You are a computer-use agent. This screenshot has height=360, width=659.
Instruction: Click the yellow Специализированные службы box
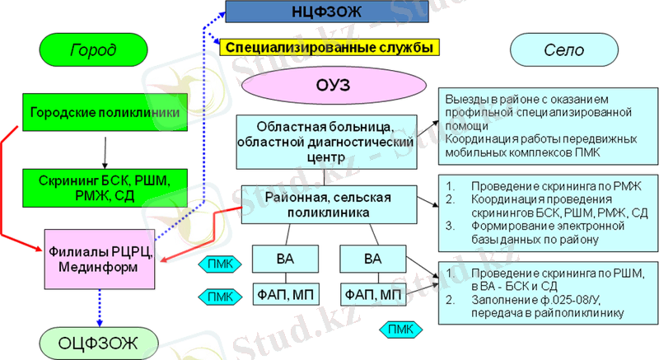(329, 47)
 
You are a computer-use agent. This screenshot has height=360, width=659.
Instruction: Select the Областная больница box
(324, 136)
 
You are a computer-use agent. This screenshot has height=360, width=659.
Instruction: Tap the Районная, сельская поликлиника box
(327, 203)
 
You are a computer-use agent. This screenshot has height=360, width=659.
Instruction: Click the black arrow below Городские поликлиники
(105, 152)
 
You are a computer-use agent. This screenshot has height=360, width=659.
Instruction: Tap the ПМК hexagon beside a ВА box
(220, 264)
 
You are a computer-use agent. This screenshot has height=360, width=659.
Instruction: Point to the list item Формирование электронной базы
(540, 232)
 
